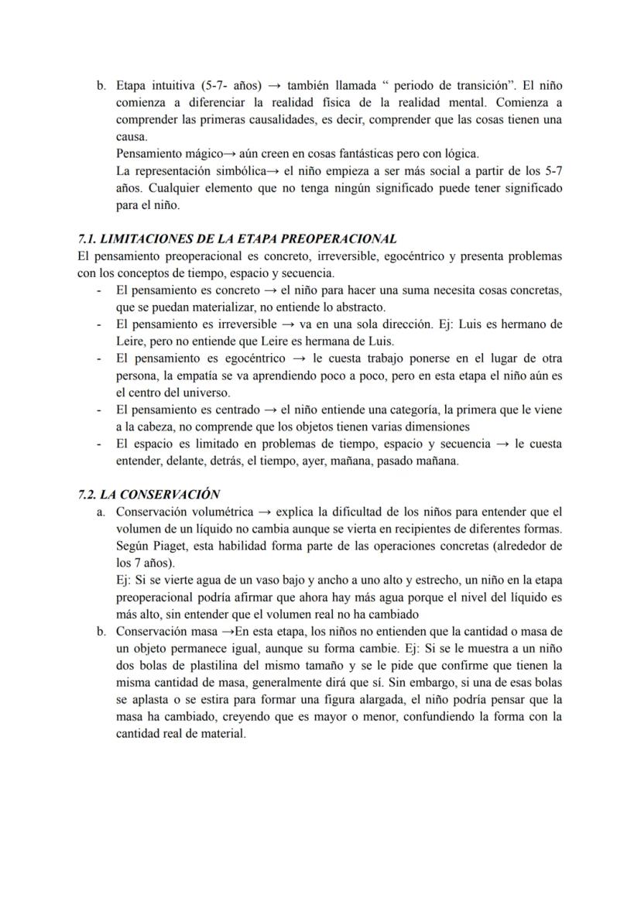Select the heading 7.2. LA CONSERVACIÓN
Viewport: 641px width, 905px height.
point(149,494)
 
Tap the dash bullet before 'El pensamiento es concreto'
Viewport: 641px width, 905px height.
point(99,290)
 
